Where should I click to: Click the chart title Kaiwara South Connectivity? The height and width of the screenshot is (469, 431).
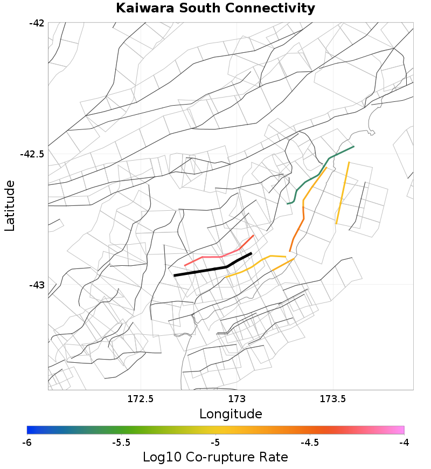[215, 9]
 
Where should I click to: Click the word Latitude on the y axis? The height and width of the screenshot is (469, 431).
[10, 206]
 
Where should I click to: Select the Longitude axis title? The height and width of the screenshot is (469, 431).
[231, 414]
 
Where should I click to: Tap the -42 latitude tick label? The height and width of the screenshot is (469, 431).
[36, 23]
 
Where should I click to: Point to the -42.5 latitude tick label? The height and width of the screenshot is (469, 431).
[32, 154]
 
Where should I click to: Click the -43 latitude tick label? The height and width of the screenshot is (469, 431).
[36, 285]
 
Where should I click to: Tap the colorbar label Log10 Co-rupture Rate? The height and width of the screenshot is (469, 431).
[215, 457]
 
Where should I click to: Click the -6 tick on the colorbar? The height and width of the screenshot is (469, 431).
[27, 443]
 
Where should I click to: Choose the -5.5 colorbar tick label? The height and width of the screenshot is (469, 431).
[121, 443]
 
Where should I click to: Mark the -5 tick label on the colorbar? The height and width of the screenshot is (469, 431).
[215, 443]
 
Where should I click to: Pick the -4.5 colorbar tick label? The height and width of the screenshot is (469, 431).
[309, 443]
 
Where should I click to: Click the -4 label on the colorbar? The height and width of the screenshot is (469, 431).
[404, 443]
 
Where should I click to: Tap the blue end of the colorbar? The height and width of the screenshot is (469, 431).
[30, 430]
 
